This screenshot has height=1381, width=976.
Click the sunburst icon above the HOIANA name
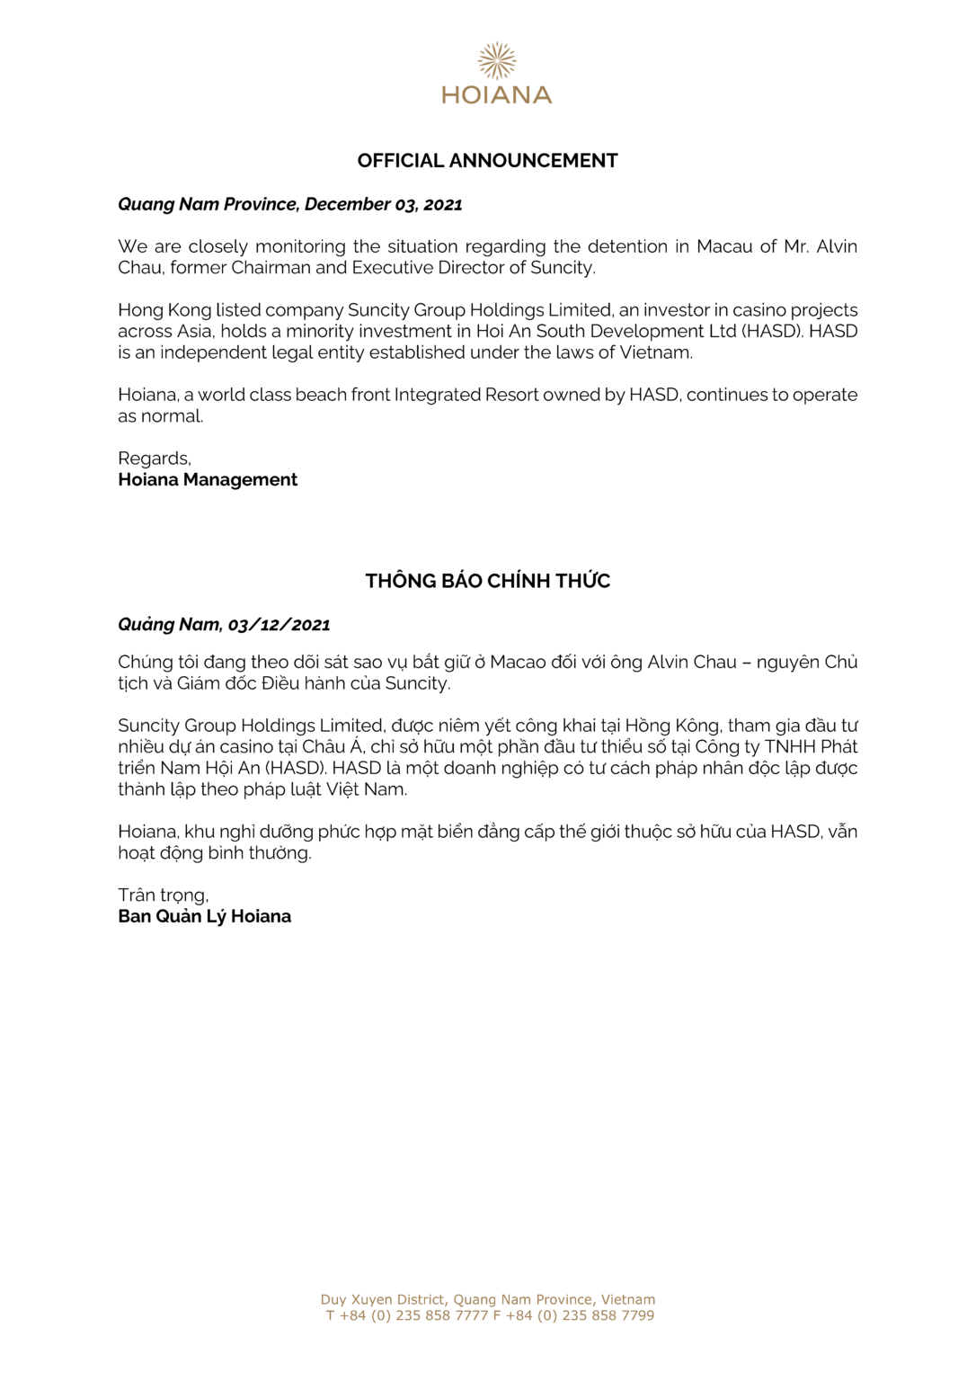pyautogui.click(x=496, y=60)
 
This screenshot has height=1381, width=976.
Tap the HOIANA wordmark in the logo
pyautogui.click(x=496, y=94)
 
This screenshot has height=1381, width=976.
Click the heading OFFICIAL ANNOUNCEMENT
pyautogui.click(x=487, y=161)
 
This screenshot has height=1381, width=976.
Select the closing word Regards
pyautogui.click(x=154, y=459)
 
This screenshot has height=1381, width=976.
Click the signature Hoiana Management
pyautogui.click(x=208, y=480)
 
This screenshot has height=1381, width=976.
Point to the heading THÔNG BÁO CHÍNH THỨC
pyautogui.click(x=487, y=581)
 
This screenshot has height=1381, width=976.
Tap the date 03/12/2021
pyautogui.click(x=279, y=625)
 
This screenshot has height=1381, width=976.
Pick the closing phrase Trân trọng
pyautogui.click(x=163, y=895)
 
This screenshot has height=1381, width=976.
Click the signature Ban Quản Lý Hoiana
pyautogui.click(x=205, y=917)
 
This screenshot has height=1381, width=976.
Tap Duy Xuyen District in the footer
pyautogui.click(x=383, y=1299)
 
